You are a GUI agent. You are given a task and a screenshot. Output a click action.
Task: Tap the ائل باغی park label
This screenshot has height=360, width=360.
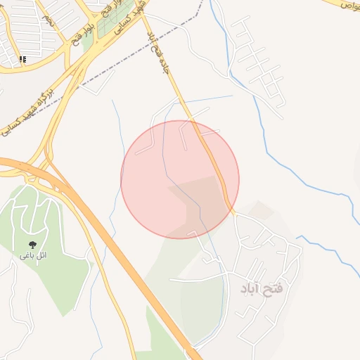[32, 255]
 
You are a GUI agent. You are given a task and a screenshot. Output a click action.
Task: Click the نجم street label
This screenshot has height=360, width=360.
[48, 13]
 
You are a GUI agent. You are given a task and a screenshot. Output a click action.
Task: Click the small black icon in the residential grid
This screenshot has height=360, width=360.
[23, 60]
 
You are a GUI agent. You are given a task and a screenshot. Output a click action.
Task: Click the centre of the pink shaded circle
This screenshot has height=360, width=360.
[180, 179]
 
